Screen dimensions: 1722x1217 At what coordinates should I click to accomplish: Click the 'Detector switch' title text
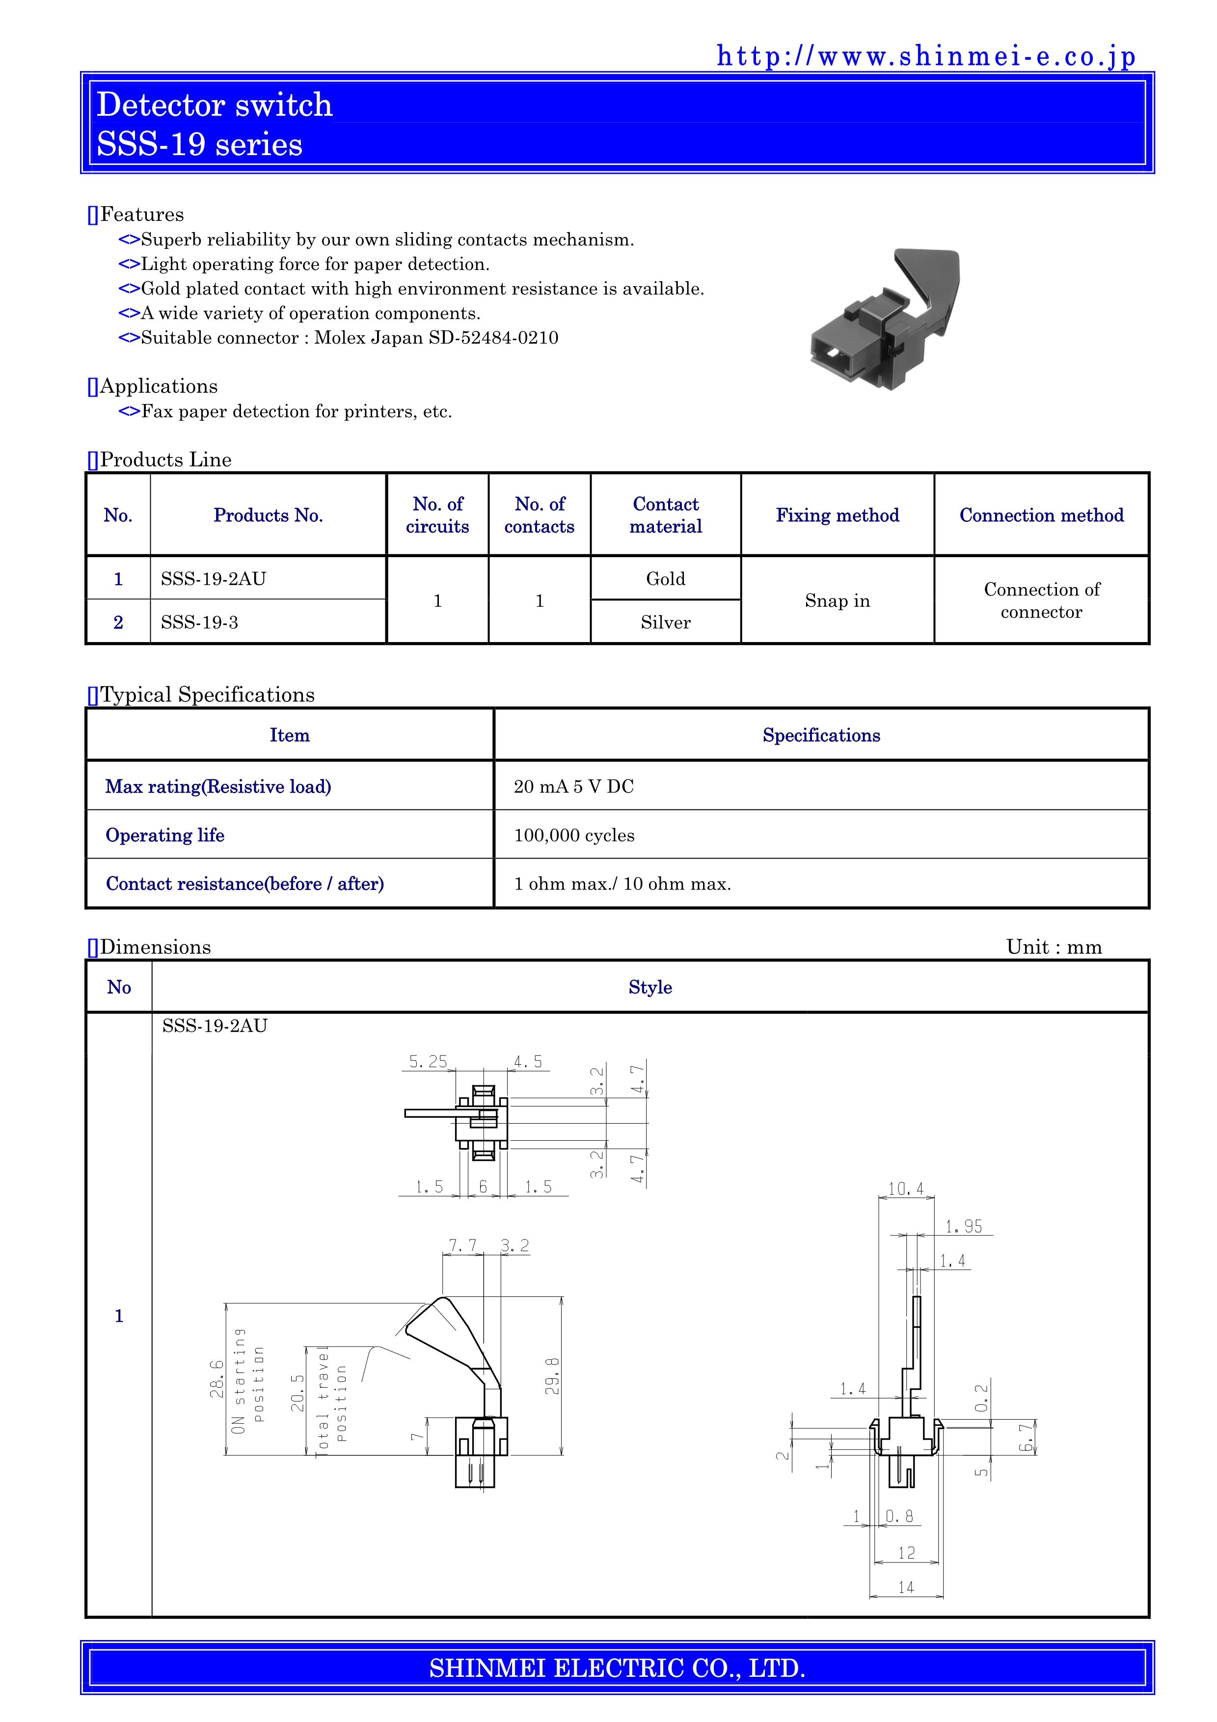click(x=215, y=104)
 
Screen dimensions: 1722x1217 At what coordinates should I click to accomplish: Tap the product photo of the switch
click(x=885, y=319)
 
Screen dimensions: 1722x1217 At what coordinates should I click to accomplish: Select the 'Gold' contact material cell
click(x=665, y=578)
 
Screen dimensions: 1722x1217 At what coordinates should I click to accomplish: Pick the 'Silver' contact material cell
click(x=665, y=622)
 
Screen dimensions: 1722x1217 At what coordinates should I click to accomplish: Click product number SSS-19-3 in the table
click(x=199, y=622)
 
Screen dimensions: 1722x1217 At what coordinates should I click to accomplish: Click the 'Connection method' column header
click(x=1041, y=515)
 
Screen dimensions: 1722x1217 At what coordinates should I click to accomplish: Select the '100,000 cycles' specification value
click(x=573, y=835)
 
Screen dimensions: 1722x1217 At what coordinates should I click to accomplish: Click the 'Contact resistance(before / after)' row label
click(x=244, y=884)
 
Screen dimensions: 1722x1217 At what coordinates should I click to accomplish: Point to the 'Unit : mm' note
click(x=1054, y=946)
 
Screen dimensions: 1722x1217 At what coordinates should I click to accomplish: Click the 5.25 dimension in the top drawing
click(x=428, y=1061)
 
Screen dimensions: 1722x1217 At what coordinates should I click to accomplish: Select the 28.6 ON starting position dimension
click(x=216, y=1378)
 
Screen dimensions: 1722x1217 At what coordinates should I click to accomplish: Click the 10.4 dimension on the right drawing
click(x=906, y=1189)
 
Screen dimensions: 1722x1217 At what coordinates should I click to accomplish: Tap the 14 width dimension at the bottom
click(x=906, y=1587)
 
